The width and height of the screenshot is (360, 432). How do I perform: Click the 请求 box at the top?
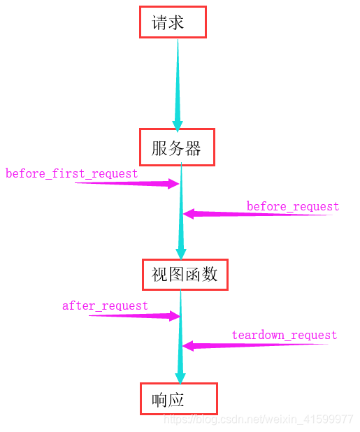click(173, 22)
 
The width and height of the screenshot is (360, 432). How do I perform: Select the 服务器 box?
click(177, 147)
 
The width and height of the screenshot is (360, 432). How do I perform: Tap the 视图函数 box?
click(185, 274)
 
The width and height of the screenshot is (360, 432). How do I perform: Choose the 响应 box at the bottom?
click(179, 399)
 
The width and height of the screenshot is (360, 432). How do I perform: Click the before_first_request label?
click(71, 173)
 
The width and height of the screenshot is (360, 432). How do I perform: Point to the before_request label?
click(292, 207)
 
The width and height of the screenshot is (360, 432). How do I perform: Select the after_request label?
click(105, 305)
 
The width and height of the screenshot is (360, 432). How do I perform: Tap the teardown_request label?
click(284, 336)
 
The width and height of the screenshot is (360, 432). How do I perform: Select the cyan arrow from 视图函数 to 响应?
click(180, 336)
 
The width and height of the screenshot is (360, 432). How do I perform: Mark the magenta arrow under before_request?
click(252, 215)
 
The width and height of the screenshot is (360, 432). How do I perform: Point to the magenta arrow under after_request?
click(136, 316)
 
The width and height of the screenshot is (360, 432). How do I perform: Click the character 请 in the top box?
click(160, 23)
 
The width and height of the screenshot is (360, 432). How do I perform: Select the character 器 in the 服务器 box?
click(193, 148)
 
